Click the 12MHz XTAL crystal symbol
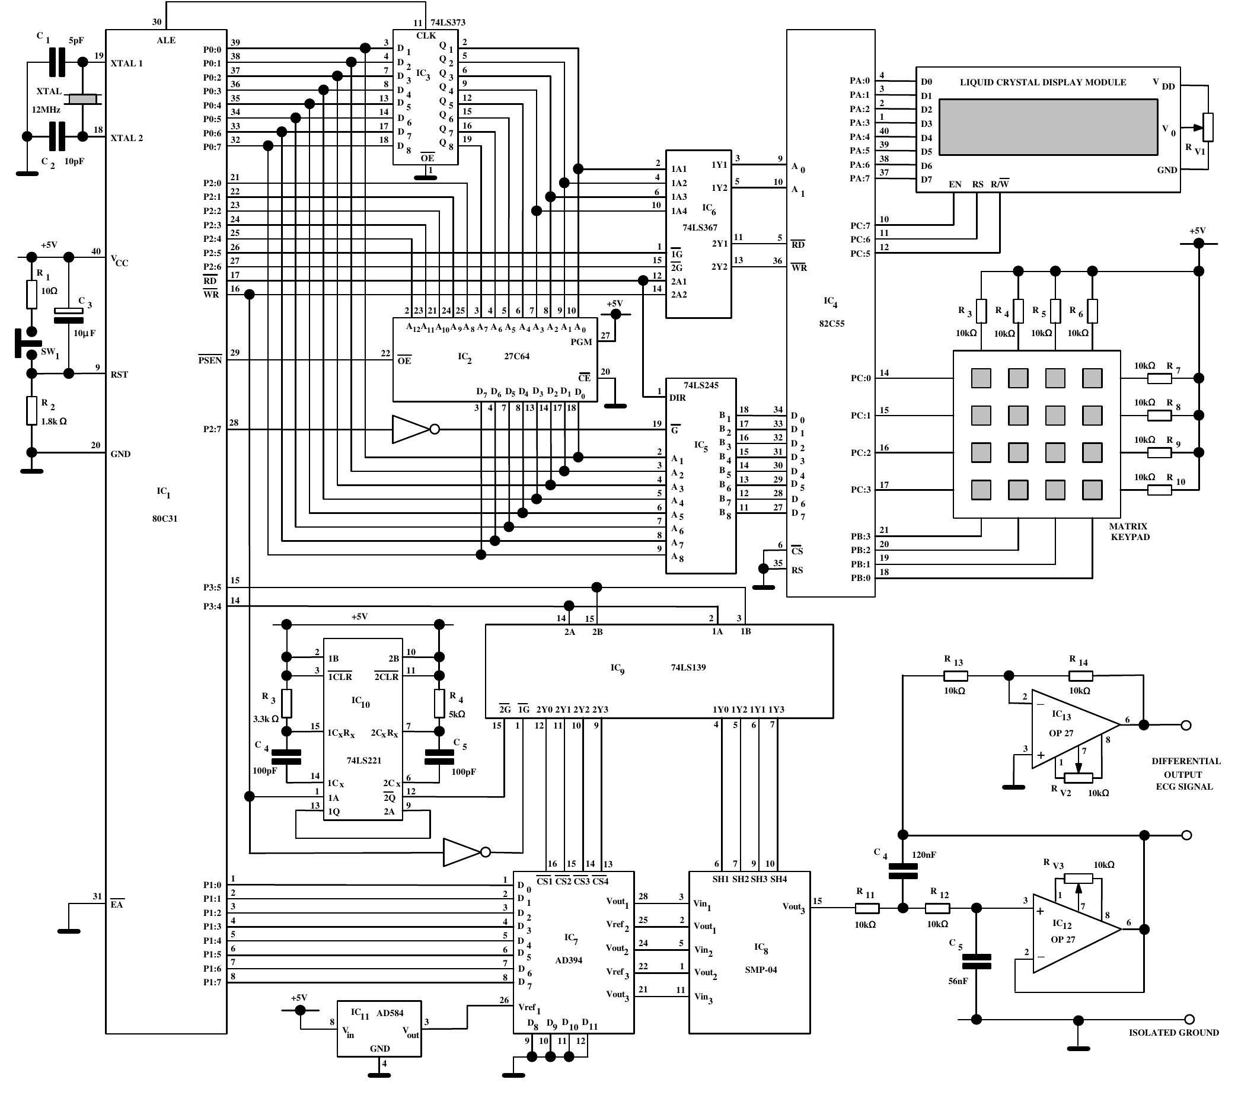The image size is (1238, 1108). click(x=82, y=98)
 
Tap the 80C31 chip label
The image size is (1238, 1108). click(x=164, y=519)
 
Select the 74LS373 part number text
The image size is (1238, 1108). click(x=448, y=23)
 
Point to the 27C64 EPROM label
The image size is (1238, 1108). click(x=516, y=356)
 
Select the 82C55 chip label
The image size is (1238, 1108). click(x=831, y=323)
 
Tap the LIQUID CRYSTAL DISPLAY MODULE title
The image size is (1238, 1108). click(x=1042, y=82)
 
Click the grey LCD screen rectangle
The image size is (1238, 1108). click(x=1048, y=127)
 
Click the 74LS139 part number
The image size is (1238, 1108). click(x=688, y=668)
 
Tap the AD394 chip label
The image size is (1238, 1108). click(x=568, y=960)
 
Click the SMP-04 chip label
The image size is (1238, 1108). click(x=761, y=969)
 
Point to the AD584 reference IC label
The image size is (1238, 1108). click(x=390, y=1013)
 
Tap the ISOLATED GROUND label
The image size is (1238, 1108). click(x=1173, y=1033)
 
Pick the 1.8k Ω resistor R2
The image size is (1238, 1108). click(x=31, y=410)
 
